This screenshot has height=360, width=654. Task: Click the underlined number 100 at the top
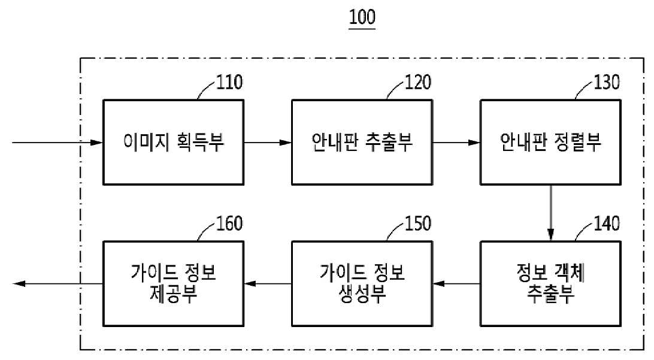coord(362,17)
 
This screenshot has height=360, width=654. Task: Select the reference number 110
coord(229,82)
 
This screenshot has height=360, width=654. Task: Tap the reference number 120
coord(418,82)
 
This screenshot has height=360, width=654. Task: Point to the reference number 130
coord(607,82)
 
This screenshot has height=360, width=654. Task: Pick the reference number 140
coord(607,223)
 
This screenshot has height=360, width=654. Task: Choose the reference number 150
coord(418,223)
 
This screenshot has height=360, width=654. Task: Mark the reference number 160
coord(229,223)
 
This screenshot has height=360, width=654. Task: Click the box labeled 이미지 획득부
coord(174,142)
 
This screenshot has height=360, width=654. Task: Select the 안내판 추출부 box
coord(362,142)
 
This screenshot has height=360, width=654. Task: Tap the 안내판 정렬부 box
coord(550,142)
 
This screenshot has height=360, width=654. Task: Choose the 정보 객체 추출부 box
coord(550,284)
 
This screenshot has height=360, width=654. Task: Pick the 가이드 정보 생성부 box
coord(362,284)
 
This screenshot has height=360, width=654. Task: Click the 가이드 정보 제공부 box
coord(174,284)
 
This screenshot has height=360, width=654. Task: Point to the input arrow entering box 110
coord(57,143)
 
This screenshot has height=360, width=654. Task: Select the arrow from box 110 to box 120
coord(268,143)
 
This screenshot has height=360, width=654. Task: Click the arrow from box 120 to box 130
coord(456,143)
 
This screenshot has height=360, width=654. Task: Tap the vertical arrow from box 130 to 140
coord(550,213)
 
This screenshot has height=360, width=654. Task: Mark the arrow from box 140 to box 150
coord(456,284)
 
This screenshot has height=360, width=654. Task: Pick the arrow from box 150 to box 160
coord(268,284)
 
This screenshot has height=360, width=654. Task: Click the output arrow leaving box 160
coord(57,284)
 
